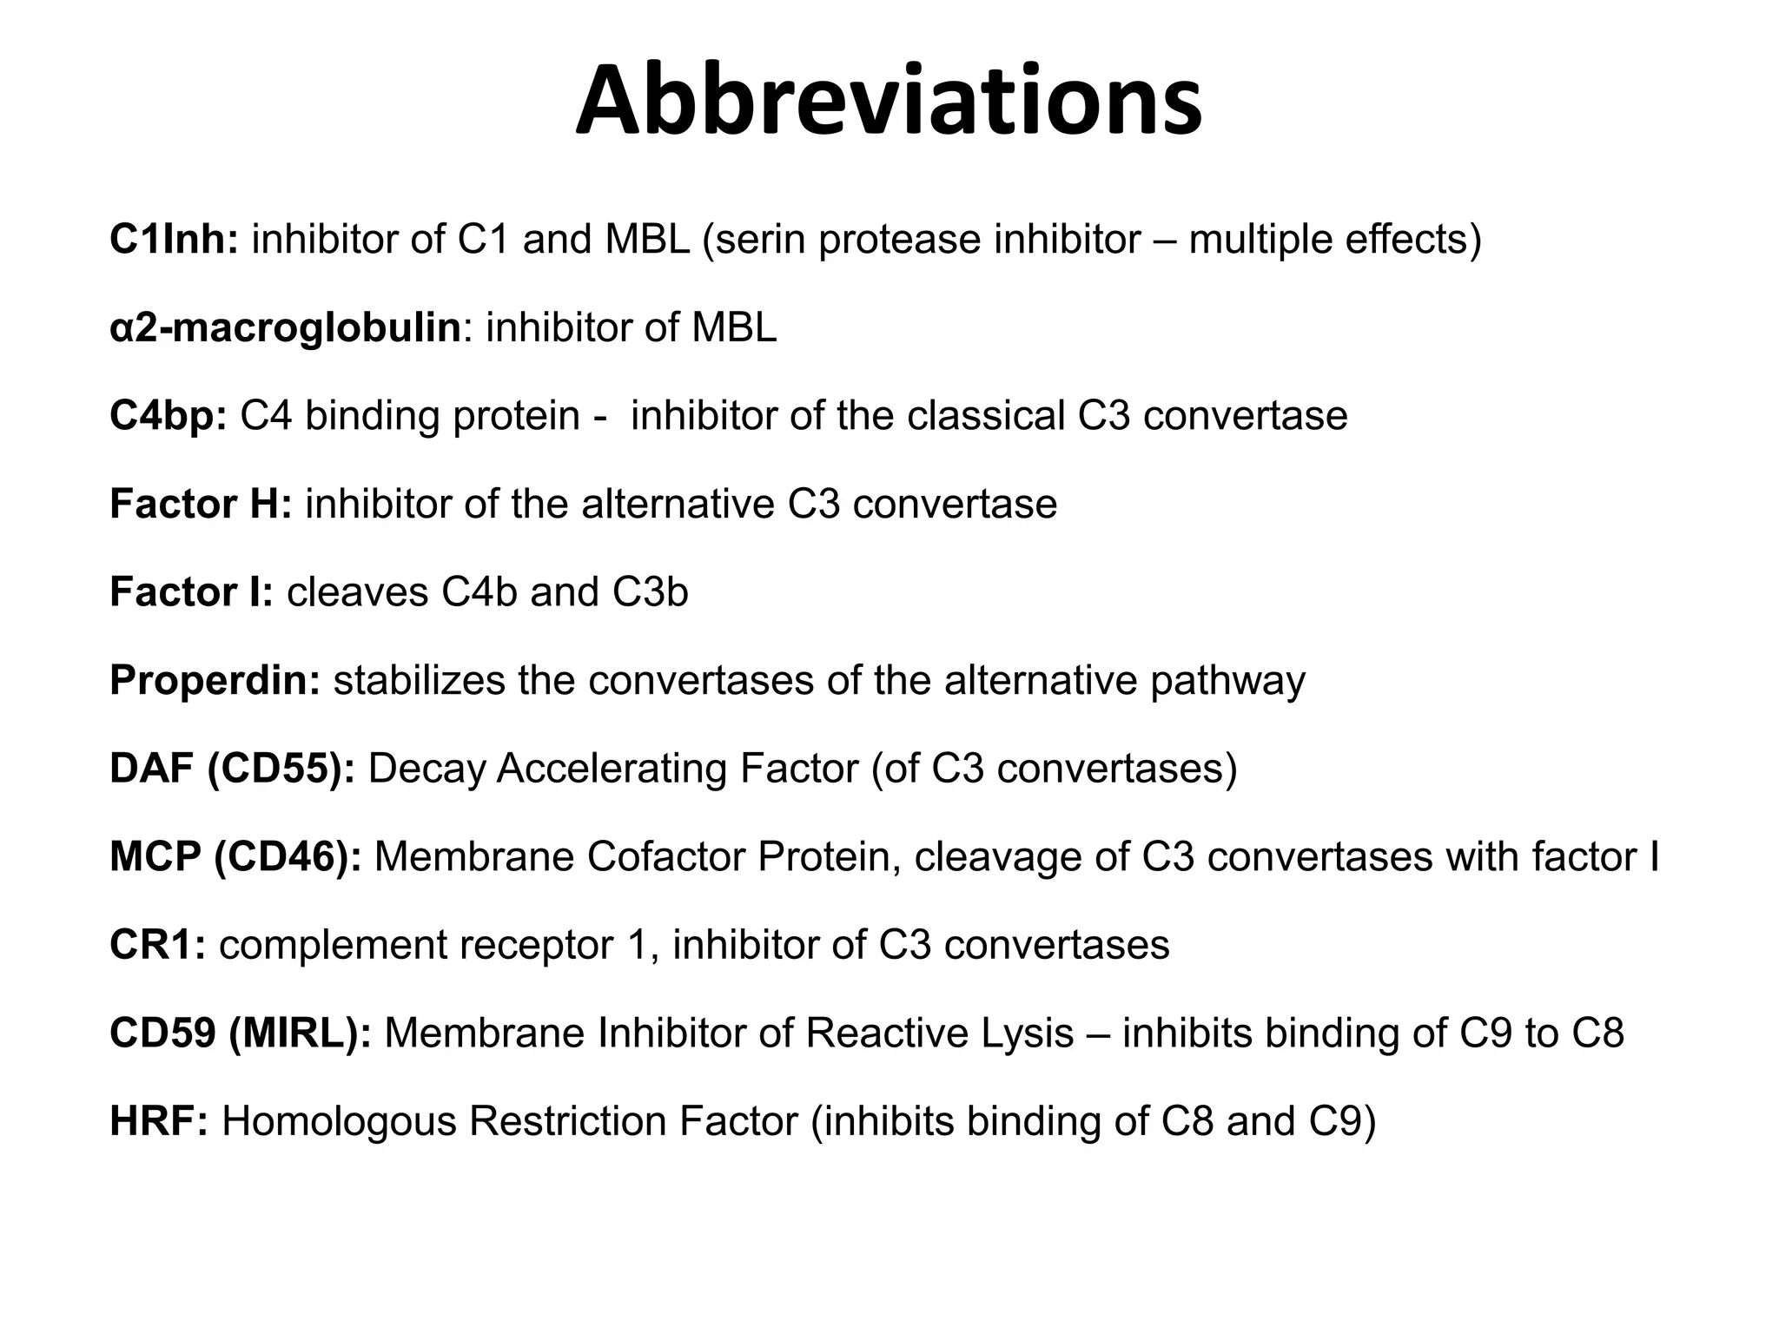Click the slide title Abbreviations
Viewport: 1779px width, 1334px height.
click(x=889, y=102)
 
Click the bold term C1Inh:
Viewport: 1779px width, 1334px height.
click(x=174, y=239)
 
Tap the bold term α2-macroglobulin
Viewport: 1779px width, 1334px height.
click(x=285, y=328)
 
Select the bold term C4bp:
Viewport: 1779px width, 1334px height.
click(x=168, y=416)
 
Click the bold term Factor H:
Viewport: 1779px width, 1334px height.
click(x=201, y=505)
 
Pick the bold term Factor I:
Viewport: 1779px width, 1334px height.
click(x=191, y=592)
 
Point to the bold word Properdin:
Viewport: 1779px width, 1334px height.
click(x=215, y=681)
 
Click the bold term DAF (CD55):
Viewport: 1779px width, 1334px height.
click(x=232, y=769)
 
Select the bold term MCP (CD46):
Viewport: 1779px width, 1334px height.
click(x=235, y=857)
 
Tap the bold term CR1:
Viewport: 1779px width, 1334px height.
click(x=157, y=945)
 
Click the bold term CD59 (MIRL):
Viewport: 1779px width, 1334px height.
click(x=241, y=1034)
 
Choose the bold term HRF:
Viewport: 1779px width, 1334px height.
click(x=159, y=1121)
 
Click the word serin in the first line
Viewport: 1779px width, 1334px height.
click(x=758, y=239)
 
